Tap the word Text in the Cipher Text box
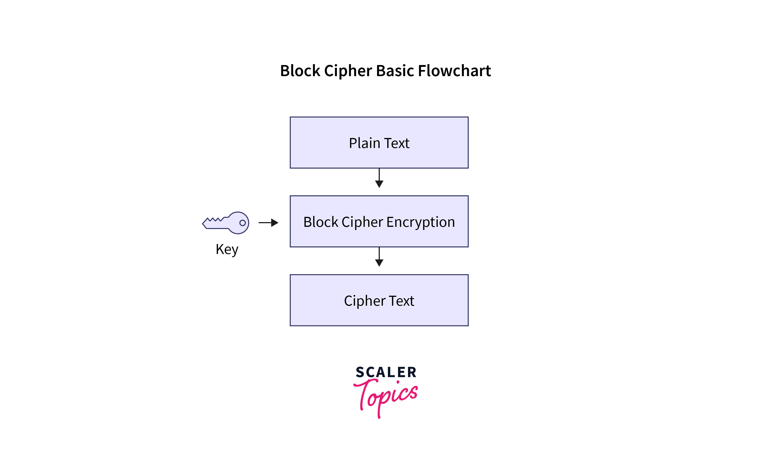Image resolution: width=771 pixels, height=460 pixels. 401,301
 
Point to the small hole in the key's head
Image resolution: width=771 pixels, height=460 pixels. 242,223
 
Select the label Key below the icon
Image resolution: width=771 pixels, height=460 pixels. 227,249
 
